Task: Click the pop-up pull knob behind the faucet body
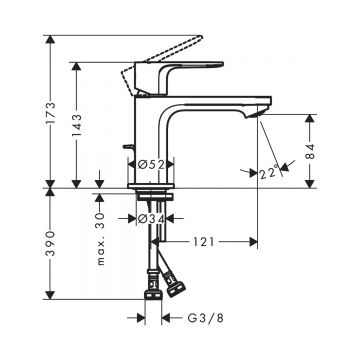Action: [x=125, y=152]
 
